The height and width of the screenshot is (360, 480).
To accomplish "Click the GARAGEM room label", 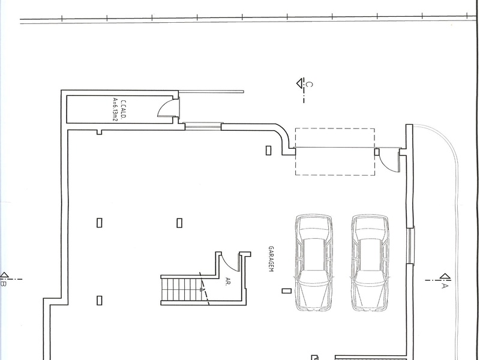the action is pyautogui.click(x=271, y=259).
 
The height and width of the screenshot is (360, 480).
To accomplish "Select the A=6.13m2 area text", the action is pyautogui.click(x=115, y=110).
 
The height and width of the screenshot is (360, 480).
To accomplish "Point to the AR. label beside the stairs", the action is pyautogui.click(x=228, y=281).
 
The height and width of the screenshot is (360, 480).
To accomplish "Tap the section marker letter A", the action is pyautogui.click(x=445, y=286).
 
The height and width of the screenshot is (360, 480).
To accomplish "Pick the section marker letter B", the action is pyautogui.click(x=4, y=284).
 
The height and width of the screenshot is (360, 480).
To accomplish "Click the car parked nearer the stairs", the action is pyautogui.click(x=314, y=263).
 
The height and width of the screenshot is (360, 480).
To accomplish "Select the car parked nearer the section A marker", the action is pyautogui.click(x=370, y=263).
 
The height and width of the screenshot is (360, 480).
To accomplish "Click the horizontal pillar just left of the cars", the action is pyautogui.click(x=287, y=291).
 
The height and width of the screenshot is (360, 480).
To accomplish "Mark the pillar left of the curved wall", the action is pyautogui.click(x=268, y=151).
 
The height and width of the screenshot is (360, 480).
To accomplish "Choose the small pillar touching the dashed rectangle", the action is pyautogui.click(x=377, y=152).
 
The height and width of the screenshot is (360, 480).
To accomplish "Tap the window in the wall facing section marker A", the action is pyautogui.click(x=410, y=245).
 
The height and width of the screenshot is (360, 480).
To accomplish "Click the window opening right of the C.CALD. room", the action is pyautogui.click(x=203, y=126).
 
